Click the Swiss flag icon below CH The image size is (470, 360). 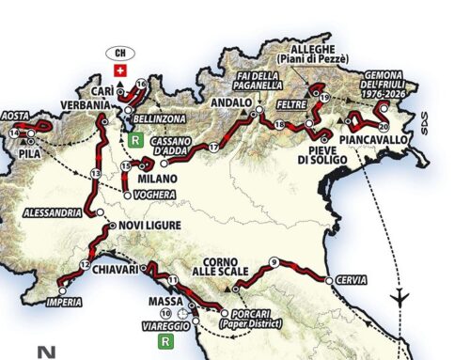[119, 70]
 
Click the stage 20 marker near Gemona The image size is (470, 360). [383, 125]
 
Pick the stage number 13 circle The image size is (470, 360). [95, 175]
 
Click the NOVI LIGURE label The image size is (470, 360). [145, 227]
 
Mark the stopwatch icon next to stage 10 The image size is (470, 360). [181, 313]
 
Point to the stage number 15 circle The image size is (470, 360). [125, 166]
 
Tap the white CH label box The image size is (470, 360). [119, 52]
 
